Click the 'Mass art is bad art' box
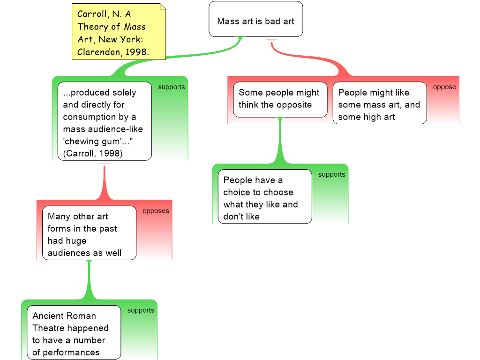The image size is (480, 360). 255,19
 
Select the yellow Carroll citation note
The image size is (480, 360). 119,31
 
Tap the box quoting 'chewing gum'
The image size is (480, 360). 105,121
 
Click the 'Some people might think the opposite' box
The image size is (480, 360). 280,99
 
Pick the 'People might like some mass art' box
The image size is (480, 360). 380,103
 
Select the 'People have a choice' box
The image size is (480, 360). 265,196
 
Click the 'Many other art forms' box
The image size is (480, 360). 89,233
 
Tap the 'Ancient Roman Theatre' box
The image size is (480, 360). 74,332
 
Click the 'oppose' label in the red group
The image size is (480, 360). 444,87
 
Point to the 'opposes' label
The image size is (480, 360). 156,211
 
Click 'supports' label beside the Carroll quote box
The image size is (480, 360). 172,87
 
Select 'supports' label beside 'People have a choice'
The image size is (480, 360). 331,174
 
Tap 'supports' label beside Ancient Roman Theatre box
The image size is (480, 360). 141,310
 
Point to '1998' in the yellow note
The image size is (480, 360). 136,52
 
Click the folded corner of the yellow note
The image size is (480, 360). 163,6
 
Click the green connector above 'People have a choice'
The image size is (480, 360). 280,141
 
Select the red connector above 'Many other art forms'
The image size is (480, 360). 105,182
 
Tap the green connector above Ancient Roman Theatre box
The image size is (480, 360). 89,280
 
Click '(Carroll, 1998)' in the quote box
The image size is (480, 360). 93,153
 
